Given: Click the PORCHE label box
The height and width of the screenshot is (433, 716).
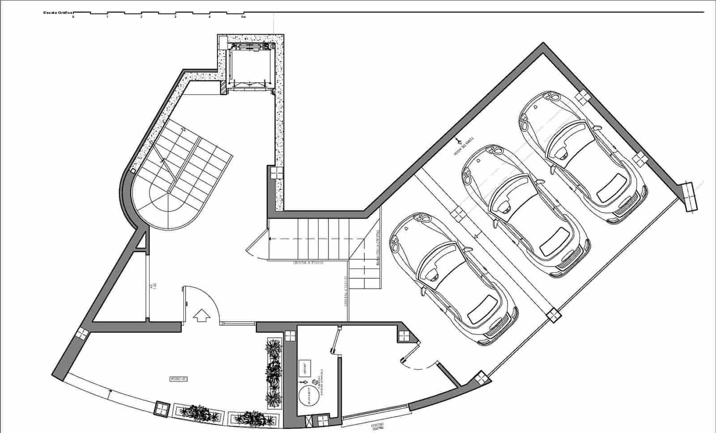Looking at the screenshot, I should click(179, 379).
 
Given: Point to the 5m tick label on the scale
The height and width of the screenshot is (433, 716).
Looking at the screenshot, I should click(243, 17).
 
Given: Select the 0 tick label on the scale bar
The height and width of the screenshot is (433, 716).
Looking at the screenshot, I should click(73, 17).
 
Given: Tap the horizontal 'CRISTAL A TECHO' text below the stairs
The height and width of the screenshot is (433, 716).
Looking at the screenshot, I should click(308, 263).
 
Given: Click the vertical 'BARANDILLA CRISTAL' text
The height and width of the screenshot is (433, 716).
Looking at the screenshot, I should click(378, 249).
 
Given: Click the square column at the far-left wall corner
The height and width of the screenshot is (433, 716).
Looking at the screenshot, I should click(82, 333).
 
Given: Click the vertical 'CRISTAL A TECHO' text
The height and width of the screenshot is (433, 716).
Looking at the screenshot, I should click(346, 291).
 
